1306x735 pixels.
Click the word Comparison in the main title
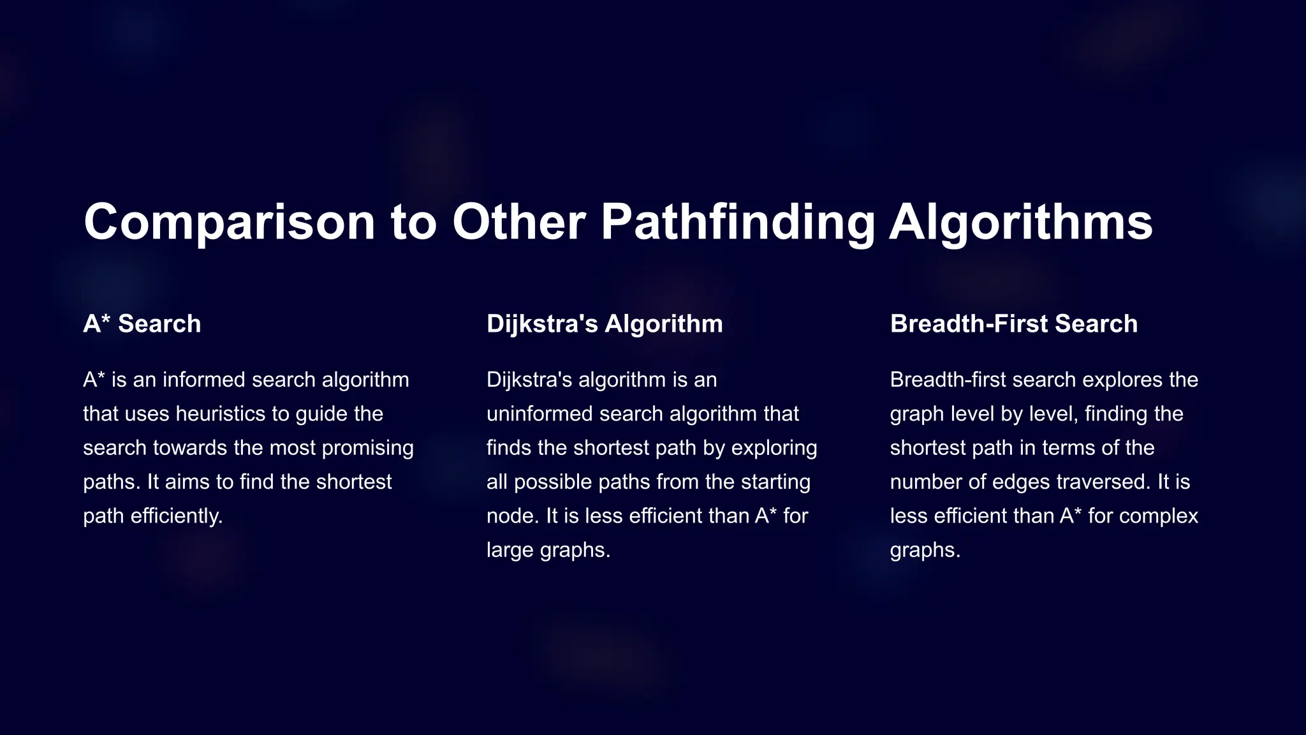click(230, 222)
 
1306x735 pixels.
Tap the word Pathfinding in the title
click(738, 222)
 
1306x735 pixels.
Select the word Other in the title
click(518, 222)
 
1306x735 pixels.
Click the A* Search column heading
click(142, 324)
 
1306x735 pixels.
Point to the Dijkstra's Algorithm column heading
click(605, 324)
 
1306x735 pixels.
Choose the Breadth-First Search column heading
click(1014, 324)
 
